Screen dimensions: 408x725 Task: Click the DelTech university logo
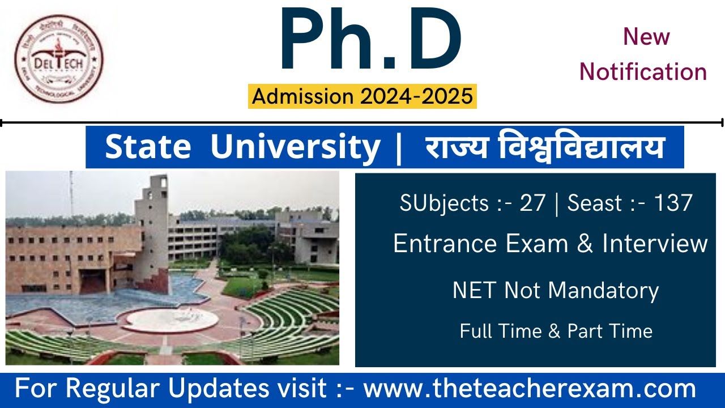pyautogui.click(x=59, y=59)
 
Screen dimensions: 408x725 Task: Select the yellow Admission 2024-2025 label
pyautogui.click(x=362, y=96)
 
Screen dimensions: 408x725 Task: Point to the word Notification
pyautogui.click(x=643, y=72)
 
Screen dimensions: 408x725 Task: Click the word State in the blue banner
pyautogui.click(x=148, y=147)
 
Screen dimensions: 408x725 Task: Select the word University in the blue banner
pyautogui.click(x=295, y=147)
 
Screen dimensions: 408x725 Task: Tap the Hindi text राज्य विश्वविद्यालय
pyautogui.click(x=544, y=147)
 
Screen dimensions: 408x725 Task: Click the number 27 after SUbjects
pyautogui.click(x=532, y=203)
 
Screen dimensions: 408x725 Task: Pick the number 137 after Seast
pyautogui.click(x=673, y=203)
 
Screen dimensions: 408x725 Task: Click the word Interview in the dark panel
pyautogui.click(x=655, y=244)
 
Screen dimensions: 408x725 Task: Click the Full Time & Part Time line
pyautogui.click(x=556, y=331)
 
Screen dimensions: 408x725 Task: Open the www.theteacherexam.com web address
pyautogui.click(x=530, y=389)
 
